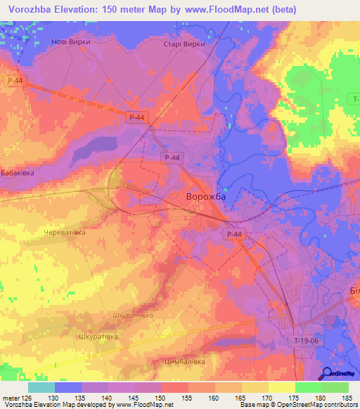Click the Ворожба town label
205,198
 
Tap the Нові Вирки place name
71,41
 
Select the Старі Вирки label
184,44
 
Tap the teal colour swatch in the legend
41,387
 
